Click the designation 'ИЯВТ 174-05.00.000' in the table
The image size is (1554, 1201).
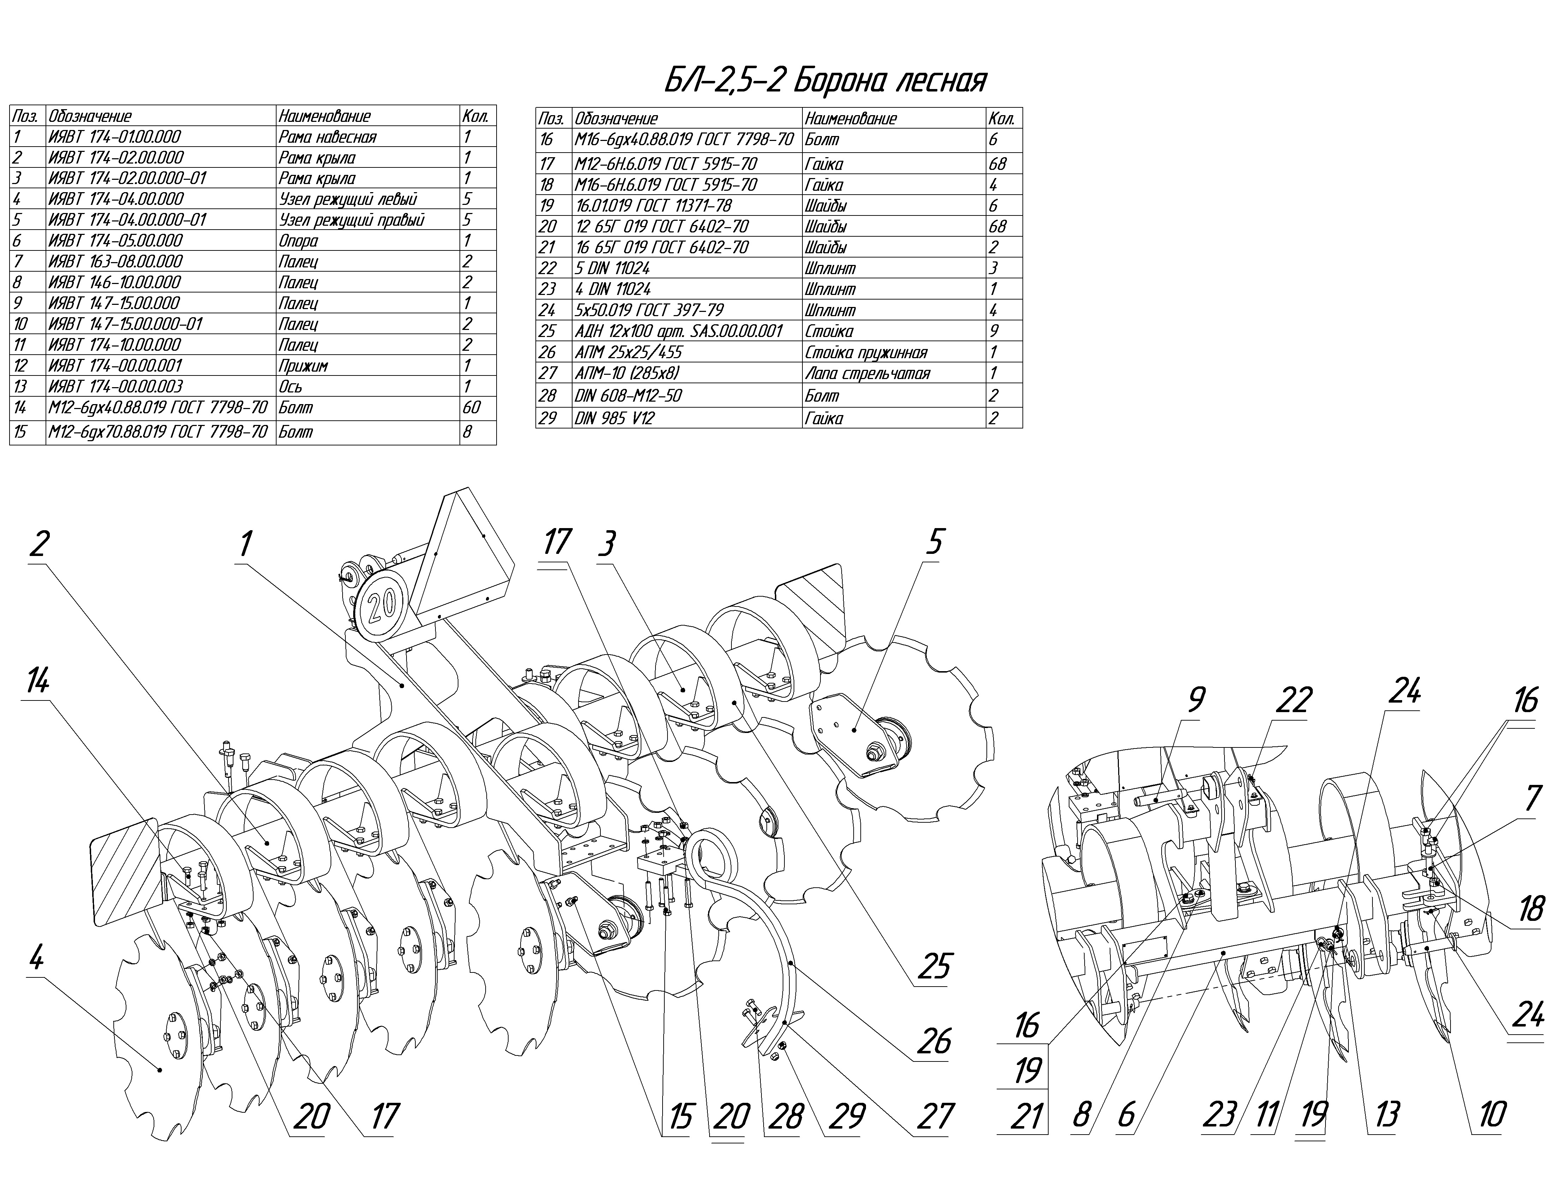tap(115, 241)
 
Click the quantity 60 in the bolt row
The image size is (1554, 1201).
tap(471, 408)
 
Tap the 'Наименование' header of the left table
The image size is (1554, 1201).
tap(325, 116)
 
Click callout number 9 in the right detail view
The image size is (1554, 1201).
tap(1197, 699)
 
